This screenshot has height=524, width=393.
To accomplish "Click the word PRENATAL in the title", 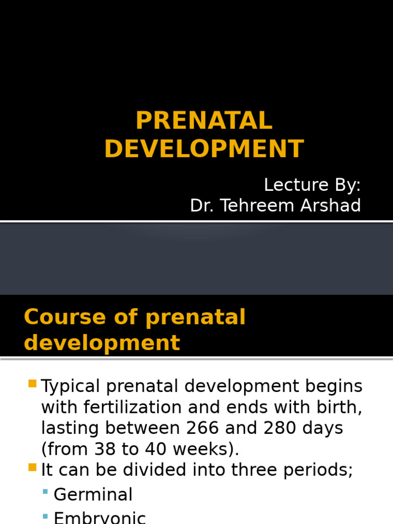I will pos(204,121).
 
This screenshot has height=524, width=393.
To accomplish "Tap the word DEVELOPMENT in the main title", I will pos(204,149).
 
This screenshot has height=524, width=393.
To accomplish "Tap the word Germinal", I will pos(93,494).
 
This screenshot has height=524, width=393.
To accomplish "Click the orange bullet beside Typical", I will pos(32,383).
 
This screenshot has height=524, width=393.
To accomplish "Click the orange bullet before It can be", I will pos(32,467).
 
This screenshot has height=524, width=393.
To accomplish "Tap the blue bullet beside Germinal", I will pos(46,492).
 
